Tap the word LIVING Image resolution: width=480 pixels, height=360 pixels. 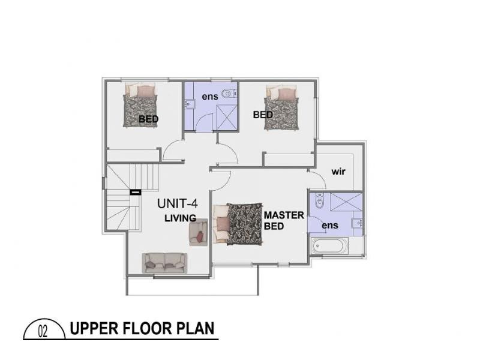tap(181, 218)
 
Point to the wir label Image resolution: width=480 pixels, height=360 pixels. tap(338, 172)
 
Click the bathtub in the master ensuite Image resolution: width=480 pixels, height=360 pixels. tap(329, 247)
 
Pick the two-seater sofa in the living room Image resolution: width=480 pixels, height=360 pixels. tap(164, 262)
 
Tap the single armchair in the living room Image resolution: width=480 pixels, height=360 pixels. tap(199, 233)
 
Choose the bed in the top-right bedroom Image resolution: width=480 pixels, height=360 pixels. tap(283, 107)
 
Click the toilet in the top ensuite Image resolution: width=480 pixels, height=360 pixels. tap(226, 95)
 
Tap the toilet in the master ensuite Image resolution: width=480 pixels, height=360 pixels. tap(320, 202)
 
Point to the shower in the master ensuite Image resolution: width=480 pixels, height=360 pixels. tap(344, 203)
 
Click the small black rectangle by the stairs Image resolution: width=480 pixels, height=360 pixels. tap(135, 192)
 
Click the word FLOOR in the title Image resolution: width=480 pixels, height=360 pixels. tap(149, 329)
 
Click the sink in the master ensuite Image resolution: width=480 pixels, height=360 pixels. tap(359, 224)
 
